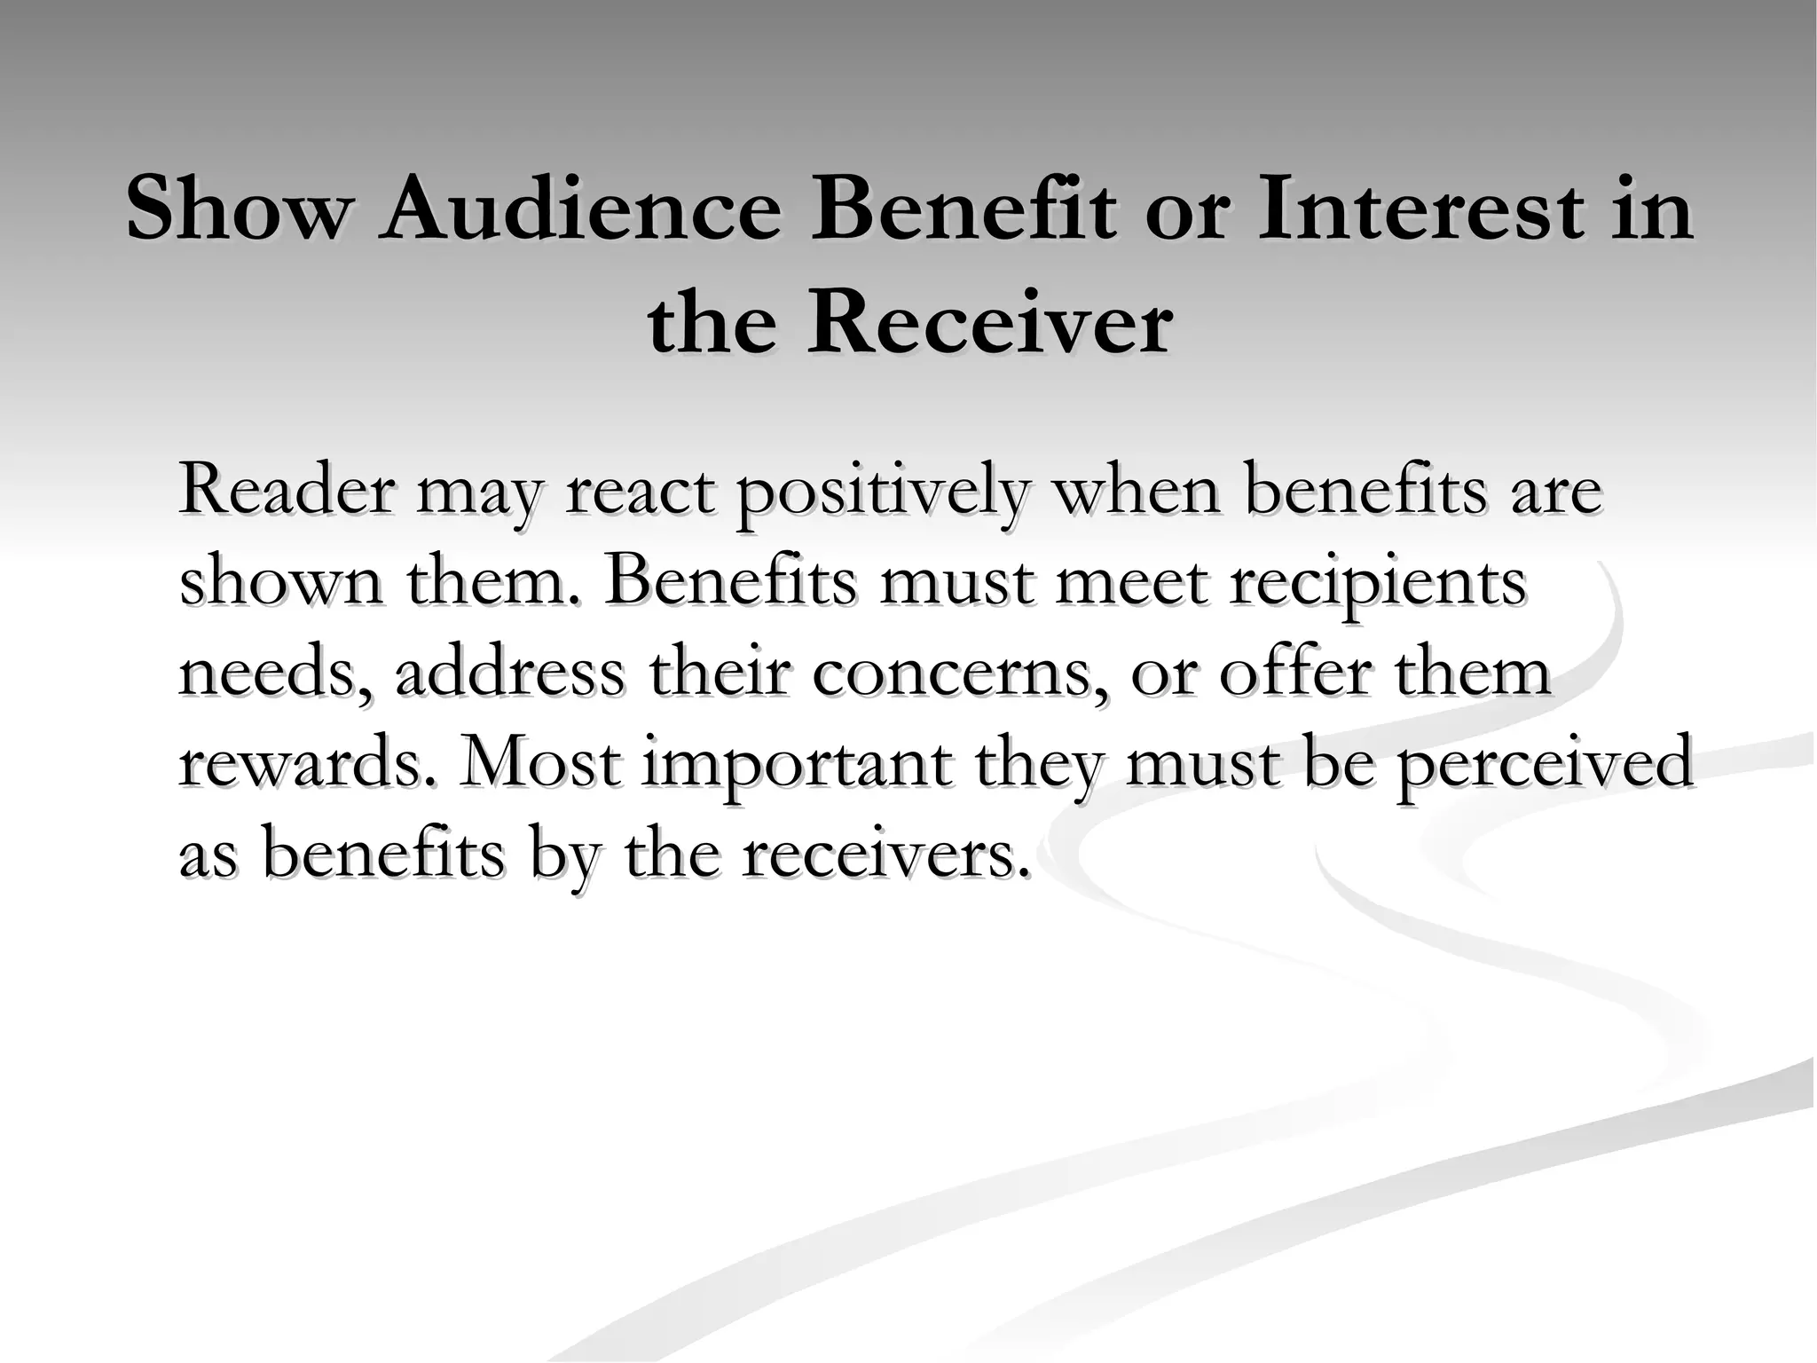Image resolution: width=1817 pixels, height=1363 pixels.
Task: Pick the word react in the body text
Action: click(x=640, y=490)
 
